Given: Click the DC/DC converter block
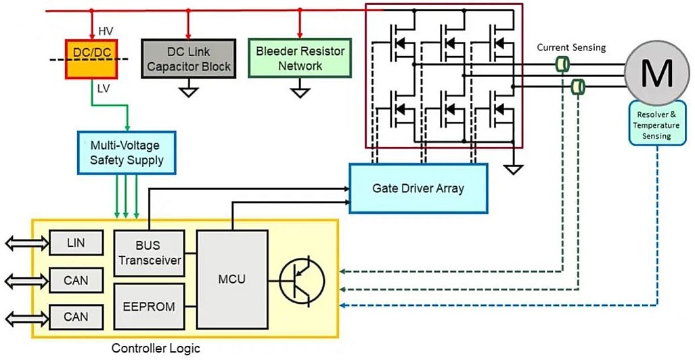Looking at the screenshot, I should pos(92,59).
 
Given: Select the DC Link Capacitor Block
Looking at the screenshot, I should pos(189,59).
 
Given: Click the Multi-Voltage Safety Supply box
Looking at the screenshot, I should pos(127,152).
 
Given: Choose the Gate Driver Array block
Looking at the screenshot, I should pos(418,187).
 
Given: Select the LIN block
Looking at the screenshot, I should pos(76,242).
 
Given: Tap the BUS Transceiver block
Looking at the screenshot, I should pos(148,252).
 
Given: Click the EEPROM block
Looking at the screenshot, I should pos(148,306).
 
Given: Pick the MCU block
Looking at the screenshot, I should pos(231,279).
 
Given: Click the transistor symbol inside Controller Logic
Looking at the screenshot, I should pos(302,279).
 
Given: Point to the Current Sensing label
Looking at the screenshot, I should pos(571,47).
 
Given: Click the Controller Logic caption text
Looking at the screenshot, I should pos(156,349).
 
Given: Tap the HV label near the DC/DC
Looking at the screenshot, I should pos(107,32).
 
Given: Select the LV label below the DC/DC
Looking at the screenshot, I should pos(105,88).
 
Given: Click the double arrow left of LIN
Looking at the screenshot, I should pos(25,242).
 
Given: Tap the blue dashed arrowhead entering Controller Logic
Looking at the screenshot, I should pos(343,307).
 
